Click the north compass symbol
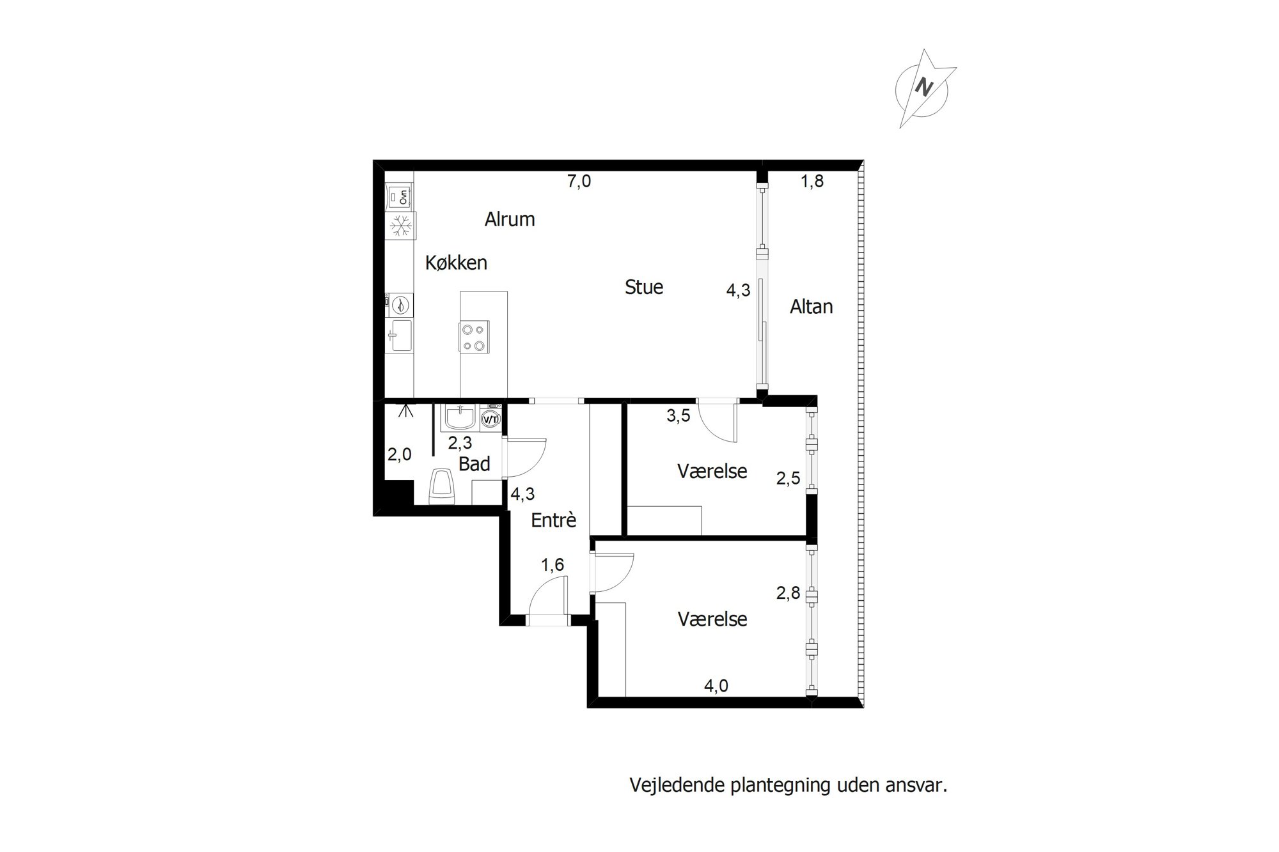click(x=925, y=88)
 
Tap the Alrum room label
click(x=510, y=219)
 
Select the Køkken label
click(x=456, y=263)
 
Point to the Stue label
click(x=644, y=287)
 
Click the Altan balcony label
click(x=811, y=307)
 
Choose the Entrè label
click(x=554, y=520)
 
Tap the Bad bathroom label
click(x=475, y=464)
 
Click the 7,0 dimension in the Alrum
click(x=579, y=182)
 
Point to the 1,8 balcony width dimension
click(x=812, y=182)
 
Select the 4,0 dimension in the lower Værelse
click(x=716, y=686)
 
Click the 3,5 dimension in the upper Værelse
click(x=679, y=416)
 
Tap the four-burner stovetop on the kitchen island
click(x=474, y=337)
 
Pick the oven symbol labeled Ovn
click(x=400, y=196)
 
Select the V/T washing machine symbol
click(x=490, y=419)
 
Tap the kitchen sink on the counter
click(x=400, y=335)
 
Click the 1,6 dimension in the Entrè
click(x=553, y=565)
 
